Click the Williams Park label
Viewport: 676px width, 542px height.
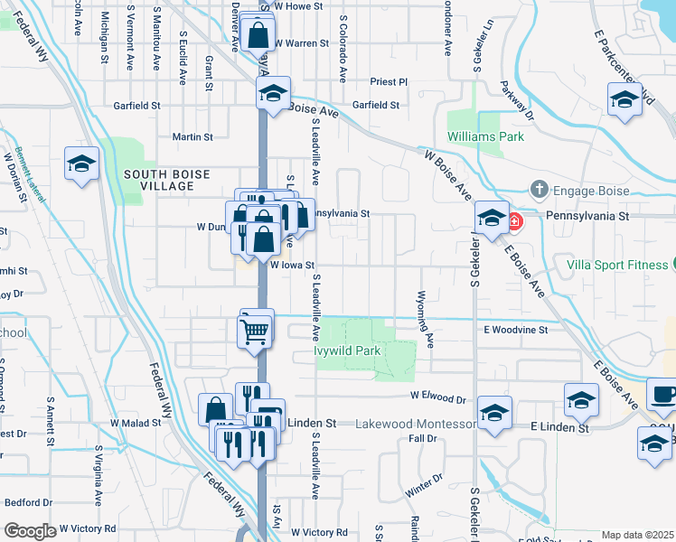click(485, 137)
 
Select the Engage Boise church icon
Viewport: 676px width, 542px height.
click(539, 189)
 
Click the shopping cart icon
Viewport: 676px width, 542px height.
click(255, 331)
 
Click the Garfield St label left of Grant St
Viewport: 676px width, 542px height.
click(136, 106)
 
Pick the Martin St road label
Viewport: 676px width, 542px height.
click(192, 138)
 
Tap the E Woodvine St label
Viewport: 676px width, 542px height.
click(516, 331)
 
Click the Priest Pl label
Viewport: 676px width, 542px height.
click(390, 81)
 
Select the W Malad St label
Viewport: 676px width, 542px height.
click(134, 423)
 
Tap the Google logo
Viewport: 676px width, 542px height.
click(30, 531)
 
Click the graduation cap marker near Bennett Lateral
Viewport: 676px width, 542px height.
click(81, 165)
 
